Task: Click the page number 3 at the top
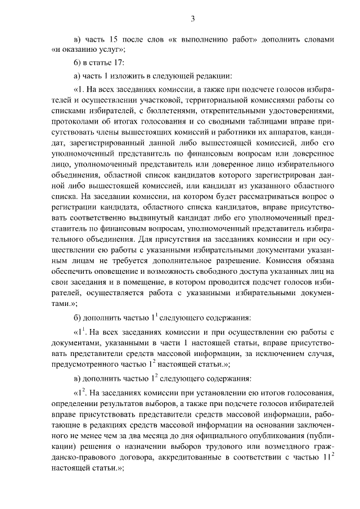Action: point(192,20)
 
